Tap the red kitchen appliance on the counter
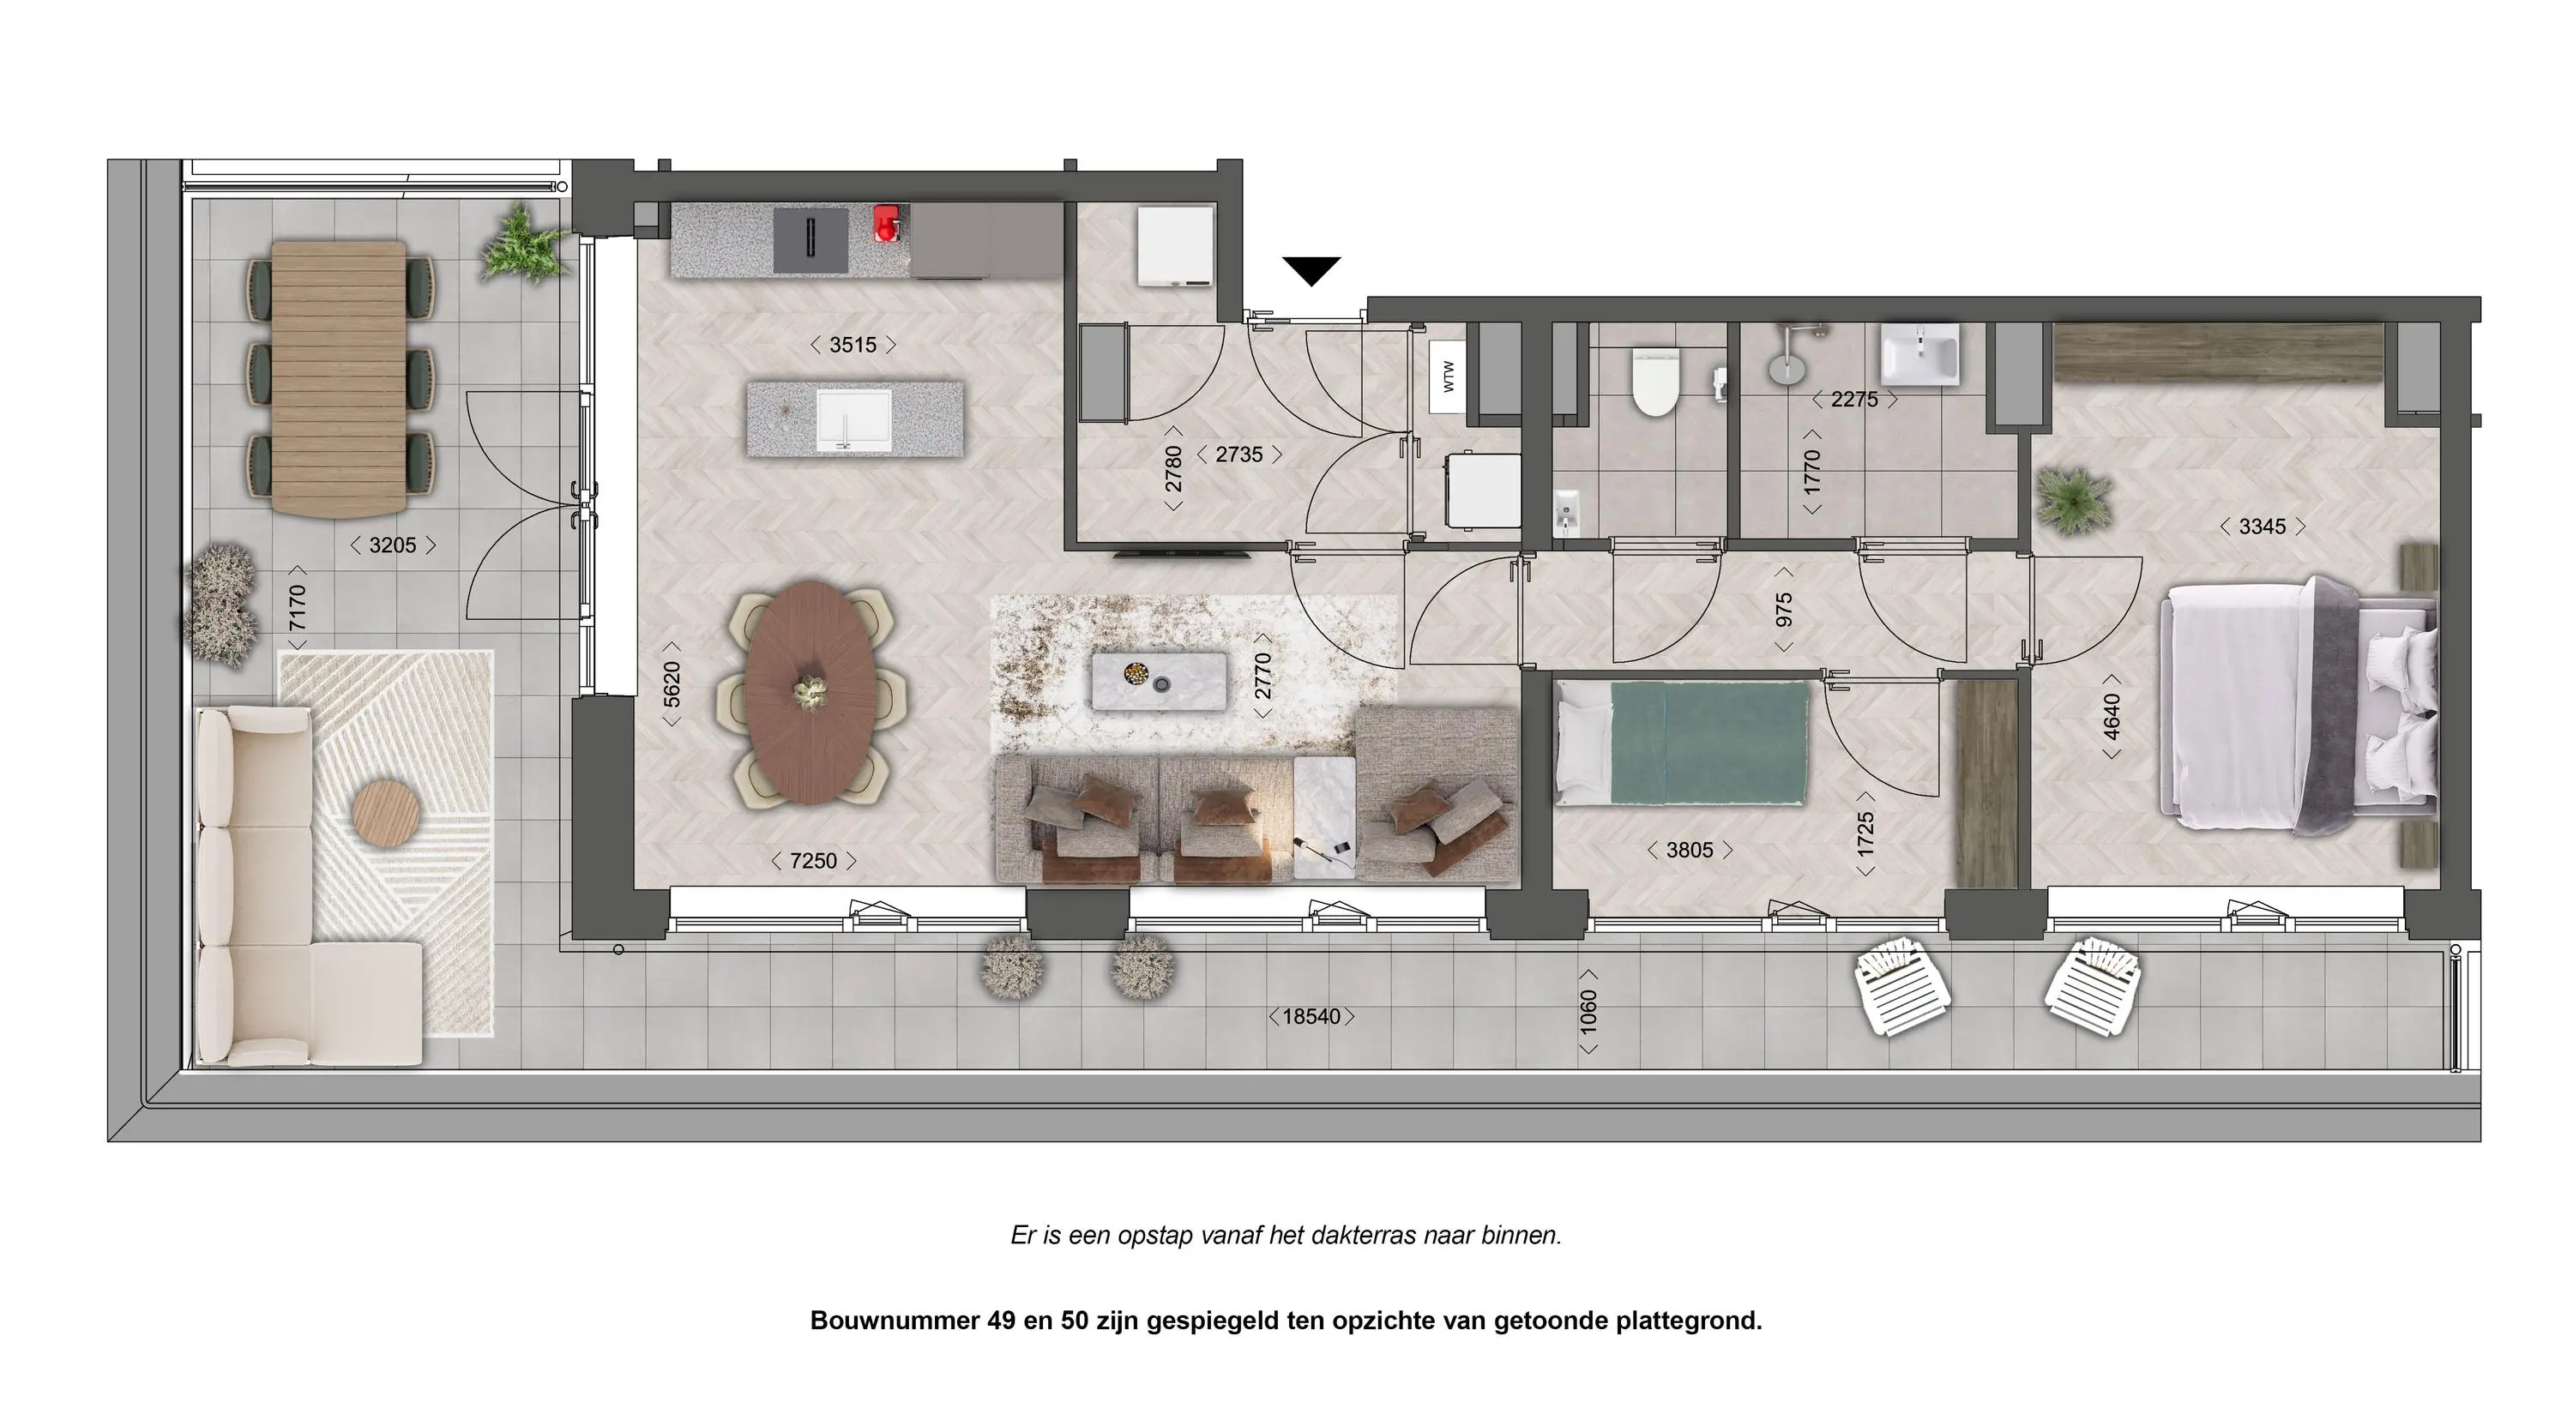886,224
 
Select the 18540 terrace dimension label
1311,1017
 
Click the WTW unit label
1448,376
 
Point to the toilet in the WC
1654,382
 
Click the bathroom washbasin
1919,354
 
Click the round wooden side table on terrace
388,811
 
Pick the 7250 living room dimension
813,861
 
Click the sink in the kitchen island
854,419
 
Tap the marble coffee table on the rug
1159,680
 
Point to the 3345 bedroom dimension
2263,526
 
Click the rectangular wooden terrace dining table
340,378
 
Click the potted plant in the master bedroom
2075,500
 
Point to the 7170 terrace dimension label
297,608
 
